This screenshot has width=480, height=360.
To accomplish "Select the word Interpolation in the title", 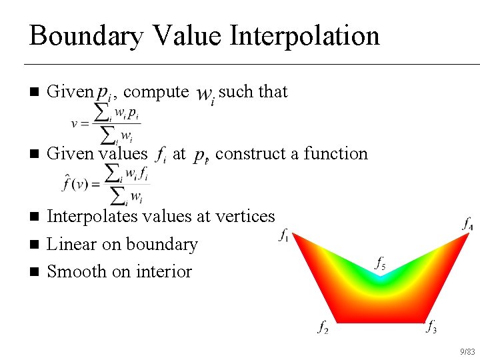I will click(x=305, y=35).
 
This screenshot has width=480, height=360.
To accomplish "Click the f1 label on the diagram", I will click(x=283, y=236).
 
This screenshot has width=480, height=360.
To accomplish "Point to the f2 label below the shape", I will click(x=323, y=327).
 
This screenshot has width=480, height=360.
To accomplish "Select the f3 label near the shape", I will click(x=432, y=327).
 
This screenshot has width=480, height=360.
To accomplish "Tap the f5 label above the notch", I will click(x=379, y=265).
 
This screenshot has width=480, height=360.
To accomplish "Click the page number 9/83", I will click(x=467, y=351).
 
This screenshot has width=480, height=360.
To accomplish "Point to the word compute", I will click(x=156, y=91).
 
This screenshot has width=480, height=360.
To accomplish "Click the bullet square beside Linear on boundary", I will click(x=34, y=245).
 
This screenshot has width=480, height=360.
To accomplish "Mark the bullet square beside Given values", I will click(x=34, y=154).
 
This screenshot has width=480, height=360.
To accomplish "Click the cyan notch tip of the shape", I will click(x=380, y=280).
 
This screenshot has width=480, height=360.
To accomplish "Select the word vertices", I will click(x=244, y=216).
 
